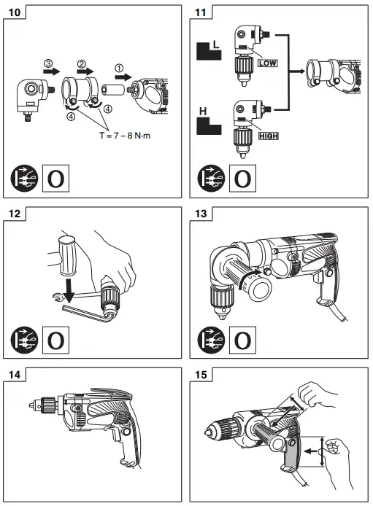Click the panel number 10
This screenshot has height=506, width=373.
[x=14, y=12]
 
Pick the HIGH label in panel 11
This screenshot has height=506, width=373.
[x=269, y=136]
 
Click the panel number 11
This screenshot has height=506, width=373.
[x=200, y=12]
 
